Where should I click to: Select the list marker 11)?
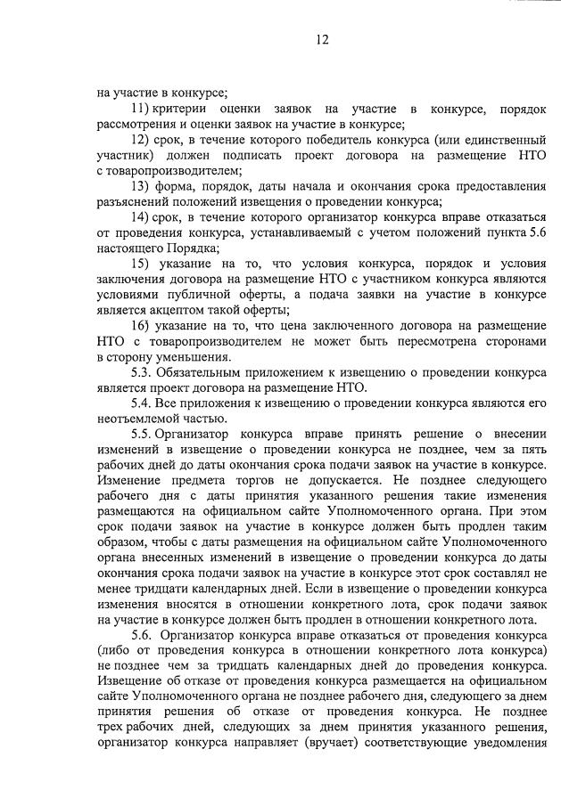[x=140, y=109]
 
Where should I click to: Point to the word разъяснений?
[x=134, y=201]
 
